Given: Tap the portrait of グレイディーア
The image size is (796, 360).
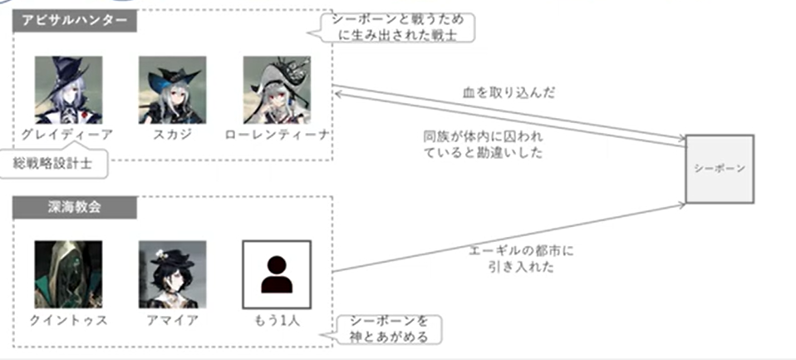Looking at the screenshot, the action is [x=69, y=90].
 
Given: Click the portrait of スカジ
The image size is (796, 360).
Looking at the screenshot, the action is [x=172, y=90].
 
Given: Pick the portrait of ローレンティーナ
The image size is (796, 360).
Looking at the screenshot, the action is [x=277, y=90].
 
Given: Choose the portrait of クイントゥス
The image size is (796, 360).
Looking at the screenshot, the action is [x=69, y=274].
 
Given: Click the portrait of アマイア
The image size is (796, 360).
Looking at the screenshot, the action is [x=172, y=274].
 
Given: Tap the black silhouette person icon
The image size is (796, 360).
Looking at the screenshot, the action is [x=277, y=274].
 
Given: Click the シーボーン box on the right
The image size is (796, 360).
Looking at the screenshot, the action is [x=720, y=169].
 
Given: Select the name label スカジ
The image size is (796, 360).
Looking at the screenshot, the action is [x=172, y=135].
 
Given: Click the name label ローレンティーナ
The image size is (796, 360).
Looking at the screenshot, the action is [x=277, y=135].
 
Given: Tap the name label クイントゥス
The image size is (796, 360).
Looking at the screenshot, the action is [x=69, y=320].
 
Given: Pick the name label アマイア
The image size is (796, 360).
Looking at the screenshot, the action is [x=172, y=320].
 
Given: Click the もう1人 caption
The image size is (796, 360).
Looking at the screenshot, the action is [x=277, y=320].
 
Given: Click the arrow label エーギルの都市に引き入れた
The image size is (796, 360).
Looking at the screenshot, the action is [x=520, y=259].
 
